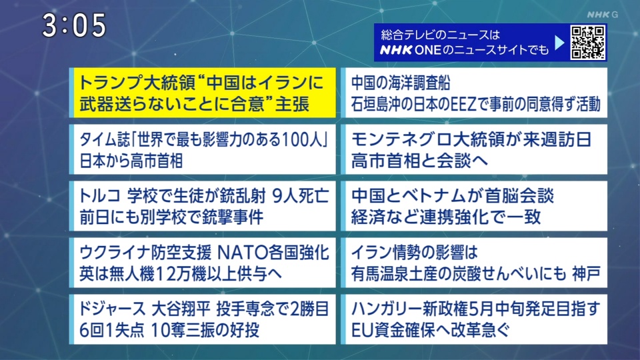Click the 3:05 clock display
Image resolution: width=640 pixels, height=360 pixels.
(x=74, y=25)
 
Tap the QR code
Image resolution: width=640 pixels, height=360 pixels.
(x=588, y=43)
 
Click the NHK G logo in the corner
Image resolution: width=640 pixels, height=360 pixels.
(x=603, y=15)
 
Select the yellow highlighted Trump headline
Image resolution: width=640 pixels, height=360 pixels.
(x=203, y=93)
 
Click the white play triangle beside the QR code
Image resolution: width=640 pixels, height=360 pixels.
(x=559, y=43)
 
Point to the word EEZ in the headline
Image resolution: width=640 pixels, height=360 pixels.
(x=463, y=105)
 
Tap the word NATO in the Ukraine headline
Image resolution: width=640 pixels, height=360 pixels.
(x=241, y=253)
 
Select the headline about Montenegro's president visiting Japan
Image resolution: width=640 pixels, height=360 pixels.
(x=474, y=149)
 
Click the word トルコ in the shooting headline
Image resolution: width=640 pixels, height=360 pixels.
(x=99, y=196)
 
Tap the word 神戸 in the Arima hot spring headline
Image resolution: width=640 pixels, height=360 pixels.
(x=586, y=273)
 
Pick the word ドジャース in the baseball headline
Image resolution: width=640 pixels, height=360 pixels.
(x=112, y=309)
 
